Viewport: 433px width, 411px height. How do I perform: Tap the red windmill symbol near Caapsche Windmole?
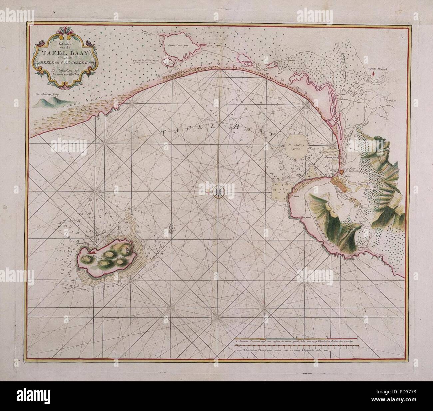[374, 74]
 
